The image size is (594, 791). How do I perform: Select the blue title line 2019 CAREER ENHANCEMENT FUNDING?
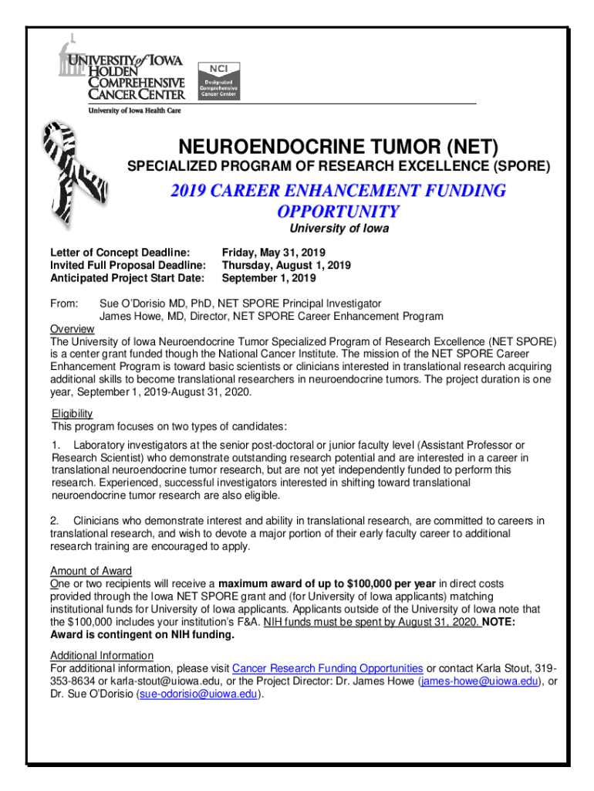[x=339, y=190]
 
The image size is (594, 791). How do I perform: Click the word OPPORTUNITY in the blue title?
[x=339, y=211]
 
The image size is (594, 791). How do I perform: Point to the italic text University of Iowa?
[x=339, y=229]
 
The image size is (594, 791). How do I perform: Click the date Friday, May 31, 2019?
[x=274, y=253]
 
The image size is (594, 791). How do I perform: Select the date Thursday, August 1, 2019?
[x=286, y=265]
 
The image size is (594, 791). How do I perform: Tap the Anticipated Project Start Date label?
[x=127, y=277]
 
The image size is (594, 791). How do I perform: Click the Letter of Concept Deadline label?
[x=120, y=253]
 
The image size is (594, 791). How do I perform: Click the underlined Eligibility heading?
[x=72, y=413]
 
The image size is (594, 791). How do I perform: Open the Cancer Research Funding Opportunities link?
[x=327, y=668]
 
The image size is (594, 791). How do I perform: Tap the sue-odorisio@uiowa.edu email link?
[x=197, y=694]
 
